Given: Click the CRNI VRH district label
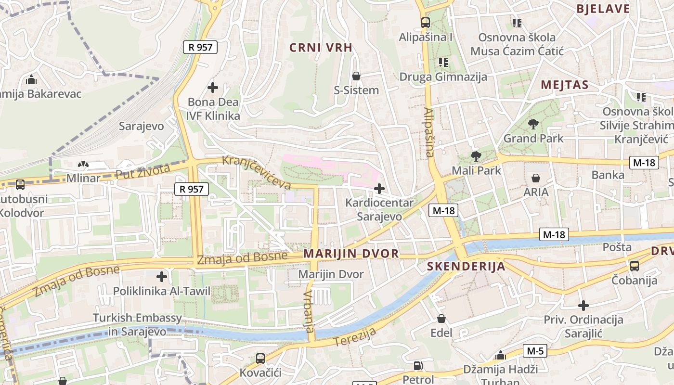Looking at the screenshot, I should (321, 47).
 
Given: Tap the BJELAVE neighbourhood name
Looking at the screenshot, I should (603, 9).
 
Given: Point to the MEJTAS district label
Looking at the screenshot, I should (564, 85).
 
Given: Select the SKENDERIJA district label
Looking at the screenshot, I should (466, 266).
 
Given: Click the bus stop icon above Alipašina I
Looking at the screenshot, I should (425, 22).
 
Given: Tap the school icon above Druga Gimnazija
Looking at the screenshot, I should (443, 63).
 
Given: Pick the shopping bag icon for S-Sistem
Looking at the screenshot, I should (356, 76).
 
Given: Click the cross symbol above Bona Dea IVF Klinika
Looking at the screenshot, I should (212, 88).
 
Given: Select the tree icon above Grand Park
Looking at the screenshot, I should (533, 124).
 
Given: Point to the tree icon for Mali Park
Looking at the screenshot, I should (476, 156).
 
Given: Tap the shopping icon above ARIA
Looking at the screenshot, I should (535, 178).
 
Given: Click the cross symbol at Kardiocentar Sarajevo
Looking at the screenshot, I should (379, 188).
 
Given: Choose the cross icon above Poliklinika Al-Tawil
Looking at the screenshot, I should (162, 277).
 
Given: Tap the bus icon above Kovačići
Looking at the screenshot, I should (260, 358).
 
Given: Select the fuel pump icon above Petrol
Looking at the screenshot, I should (418, 366).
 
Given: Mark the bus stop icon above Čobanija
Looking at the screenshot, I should (634, 266).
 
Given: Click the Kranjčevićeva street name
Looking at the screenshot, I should (257, 172).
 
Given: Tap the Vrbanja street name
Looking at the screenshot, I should (309, 311).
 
